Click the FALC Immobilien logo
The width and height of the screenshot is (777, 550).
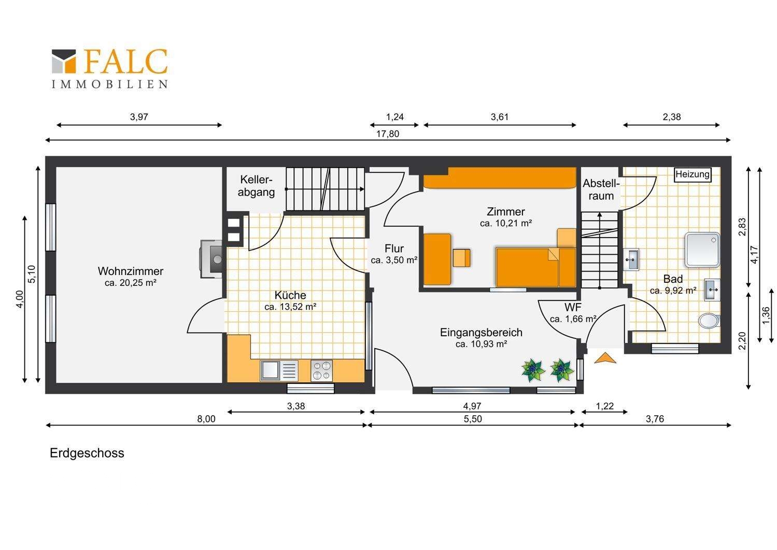pyautogui.click(x=109, y=68)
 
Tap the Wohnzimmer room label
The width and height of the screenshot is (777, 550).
pyautogui.click(x=131, y=271)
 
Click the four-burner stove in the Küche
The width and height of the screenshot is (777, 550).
pyautogui.click(x=321, y=370)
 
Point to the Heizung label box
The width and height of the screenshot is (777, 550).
pyautogui.click(x=693, y=174)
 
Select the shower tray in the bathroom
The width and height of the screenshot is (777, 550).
pyautogui.click(x=702, y=250)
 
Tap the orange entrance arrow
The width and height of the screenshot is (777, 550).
pyautogui.click(x=605, y=357)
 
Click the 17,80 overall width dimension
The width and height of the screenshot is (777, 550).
pyautogui.click(x=388, y=134)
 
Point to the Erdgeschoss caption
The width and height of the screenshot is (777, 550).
pyautogui.click(x=87, y=453)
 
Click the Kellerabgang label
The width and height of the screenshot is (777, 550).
pyautogui.click(x=257, y=186)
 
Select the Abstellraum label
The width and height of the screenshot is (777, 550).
pyautogui.click(x=601, y=189)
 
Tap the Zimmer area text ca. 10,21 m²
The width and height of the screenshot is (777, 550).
pyautogui.click(x=506, y=224)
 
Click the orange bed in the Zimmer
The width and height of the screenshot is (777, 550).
pyautogui.click(x=535, y=267)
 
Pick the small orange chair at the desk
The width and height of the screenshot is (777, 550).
pyautogui.click(x=462, y=258)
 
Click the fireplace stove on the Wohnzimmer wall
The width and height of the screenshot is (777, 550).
pyautogui.click(x=211, y=259)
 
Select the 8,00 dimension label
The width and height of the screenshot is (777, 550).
pyautogui.click(x=206, y=419)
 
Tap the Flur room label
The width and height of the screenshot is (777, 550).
pyautogui.click(x=394, y=249)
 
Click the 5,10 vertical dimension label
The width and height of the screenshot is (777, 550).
pyautogui.click(x=31, y=274)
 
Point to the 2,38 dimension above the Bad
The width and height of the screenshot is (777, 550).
pyautogui.click(x=672, y=117)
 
